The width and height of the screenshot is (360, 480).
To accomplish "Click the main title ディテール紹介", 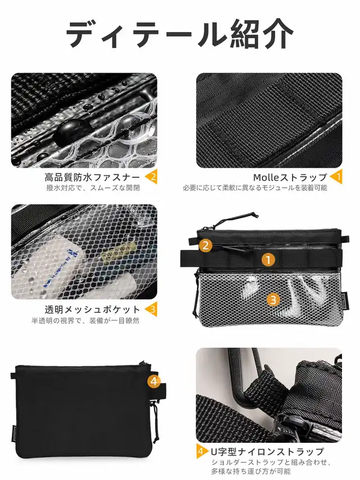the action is (179, 34).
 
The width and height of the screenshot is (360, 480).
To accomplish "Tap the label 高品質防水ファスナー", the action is (92, 177).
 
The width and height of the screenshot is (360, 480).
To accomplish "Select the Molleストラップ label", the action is (290, 177).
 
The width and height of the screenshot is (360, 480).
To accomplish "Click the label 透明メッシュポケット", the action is (92, 309).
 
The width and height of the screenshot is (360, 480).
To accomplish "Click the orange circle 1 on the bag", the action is (268, 260).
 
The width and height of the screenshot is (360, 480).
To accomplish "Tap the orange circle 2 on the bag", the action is (205, 245).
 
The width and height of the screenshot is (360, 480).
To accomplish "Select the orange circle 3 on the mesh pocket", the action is (273, 299).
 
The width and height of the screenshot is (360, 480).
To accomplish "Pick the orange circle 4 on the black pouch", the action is (154, 382).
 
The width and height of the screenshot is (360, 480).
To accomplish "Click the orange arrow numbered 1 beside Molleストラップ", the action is (336, 177).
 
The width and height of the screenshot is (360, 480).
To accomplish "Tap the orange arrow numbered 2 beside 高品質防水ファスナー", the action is (151, 177).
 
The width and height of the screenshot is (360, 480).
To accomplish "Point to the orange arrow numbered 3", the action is (151, 309).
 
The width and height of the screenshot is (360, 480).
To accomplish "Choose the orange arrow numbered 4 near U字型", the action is (200, 451).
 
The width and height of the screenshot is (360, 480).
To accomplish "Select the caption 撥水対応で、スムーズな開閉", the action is (93, 187).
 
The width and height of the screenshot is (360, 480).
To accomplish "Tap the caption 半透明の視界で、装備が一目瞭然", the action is (85, 321).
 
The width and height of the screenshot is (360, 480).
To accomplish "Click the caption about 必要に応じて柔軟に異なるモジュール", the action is (255, 187).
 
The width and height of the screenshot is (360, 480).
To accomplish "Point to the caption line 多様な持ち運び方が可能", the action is (251, 471).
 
